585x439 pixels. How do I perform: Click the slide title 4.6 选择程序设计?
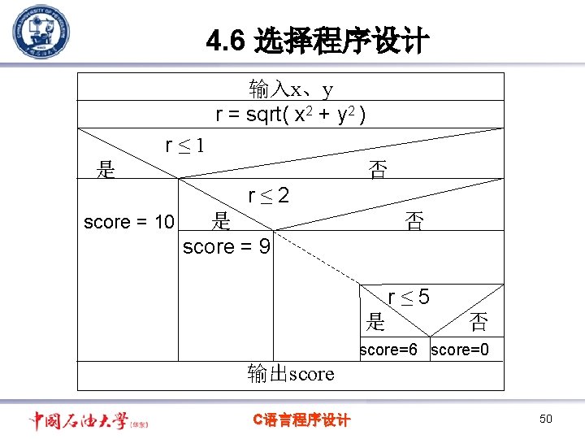coord(317,41)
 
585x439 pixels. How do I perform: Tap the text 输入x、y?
coord(291,88)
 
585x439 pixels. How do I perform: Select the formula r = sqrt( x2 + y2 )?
coord(290,115)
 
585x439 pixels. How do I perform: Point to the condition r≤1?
coord(184,146)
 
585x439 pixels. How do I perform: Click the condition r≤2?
coord(268,196)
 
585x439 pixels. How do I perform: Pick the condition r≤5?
coord(409,298)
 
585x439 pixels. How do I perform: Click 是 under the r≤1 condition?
coord(106,170)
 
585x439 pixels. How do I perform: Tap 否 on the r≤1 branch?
coord(378,170)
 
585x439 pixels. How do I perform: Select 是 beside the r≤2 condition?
coord(220,220)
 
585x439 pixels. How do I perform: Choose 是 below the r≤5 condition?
coord(375,322)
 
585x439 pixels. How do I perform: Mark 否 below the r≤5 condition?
coord(479,323)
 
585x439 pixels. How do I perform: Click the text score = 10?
coord(128,222)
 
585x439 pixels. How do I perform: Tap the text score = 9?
coord(227,246)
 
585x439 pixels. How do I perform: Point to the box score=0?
coord(460,350)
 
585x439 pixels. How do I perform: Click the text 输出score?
coord(291,374)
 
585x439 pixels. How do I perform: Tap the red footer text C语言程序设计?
coord(301,419)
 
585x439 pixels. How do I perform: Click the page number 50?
coord(545,419)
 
